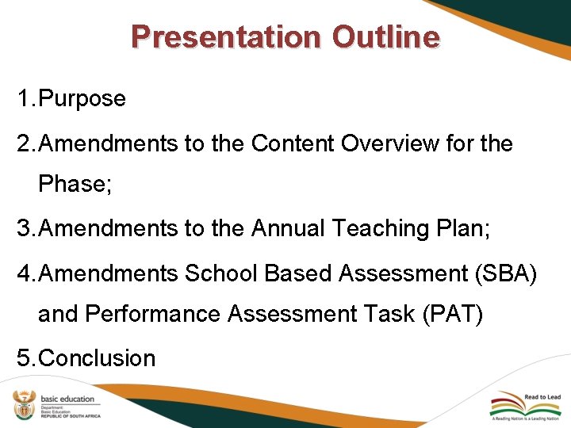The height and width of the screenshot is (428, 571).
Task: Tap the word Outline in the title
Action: tap(386, 37)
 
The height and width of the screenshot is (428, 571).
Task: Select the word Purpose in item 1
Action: tap(82, 99)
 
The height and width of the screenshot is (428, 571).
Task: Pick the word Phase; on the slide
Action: tap(75, 185)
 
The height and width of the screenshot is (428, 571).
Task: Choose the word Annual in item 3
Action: tap(288, 228)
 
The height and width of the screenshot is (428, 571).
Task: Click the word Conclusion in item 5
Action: tap(97, 358)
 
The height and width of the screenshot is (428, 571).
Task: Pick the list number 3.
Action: tap(24, 228)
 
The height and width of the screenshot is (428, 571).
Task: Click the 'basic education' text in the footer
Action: tap(67, 399)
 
